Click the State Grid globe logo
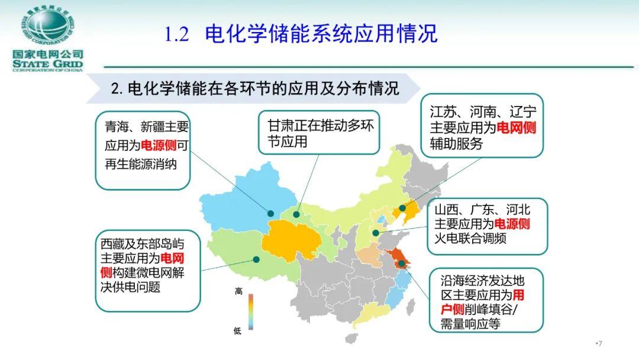point(48,26)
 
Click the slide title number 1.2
point(177,34)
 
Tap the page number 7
point(599,343)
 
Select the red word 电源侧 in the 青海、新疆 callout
point(159,145)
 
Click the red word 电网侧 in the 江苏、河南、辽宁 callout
point(516,128)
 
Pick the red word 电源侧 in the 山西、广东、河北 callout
point(512,224)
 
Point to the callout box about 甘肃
point(319,133)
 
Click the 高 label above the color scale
point(239,291)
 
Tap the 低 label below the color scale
point(238,330)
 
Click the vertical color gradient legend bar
point(251,311)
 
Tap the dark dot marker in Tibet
point(256,259)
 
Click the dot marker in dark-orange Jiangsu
point(402,263)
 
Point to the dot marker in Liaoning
point(402,208)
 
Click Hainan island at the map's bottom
point(352,338)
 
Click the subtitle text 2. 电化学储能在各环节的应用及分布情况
point(255,88)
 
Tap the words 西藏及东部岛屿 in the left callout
point(143,244)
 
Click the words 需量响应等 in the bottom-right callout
point(470,324)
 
